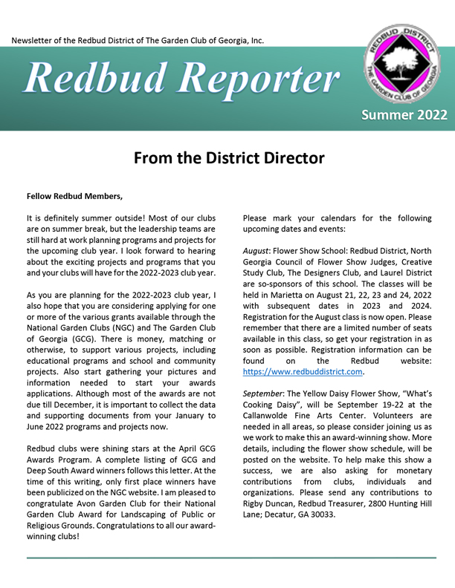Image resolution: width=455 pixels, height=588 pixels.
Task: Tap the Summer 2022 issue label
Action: (x=404, y=114)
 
